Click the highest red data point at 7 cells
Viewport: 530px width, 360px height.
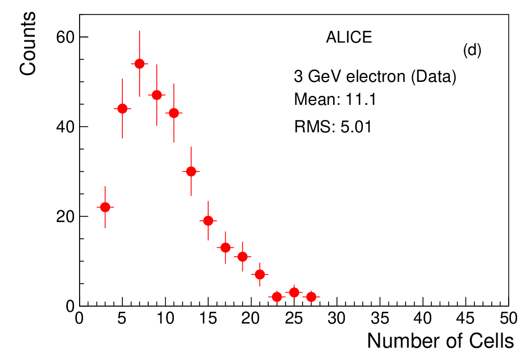click(139, 63)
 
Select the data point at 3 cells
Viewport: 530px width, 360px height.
click(105, 207)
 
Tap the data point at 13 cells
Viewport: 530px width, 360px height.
click(191, 172)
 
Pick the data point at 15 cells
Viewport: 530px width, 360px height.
click(208, 221)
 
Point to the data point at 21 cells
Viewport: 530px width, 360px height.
click(260, 274)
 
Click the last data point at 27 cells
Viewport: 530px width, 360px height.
click(311, 297)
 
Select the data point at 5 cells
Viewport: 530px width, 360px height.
click(122, 109)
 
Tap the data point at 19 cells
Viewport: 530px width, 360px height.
click(242, 257)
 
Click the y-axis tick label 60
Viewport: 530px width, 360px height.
click(65, 37)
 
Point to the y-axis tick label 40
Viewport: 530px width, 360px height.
click(65, 127)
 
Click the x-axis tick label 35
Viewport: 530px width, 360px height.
click(380, 319)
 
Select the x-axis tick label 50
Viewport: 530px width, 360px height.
click(508, 319)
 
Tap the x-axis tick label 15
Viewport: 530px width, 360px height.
click(208, 319)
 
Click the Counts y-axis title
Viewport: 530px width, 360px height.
click(27, 44)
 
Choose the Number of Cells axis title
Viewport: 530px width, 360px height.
click(440, 341)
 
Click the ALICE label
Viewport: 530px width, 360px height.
click(349, 37)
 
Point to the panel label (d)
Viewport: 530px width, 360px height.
click(472, 50)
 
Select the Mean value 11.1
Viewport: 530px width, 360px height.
click(361, 99)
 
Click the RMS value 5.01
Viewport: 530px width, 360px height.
click(356, 127)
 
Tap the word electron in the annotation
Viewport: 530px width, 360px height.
click(376, 76)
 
